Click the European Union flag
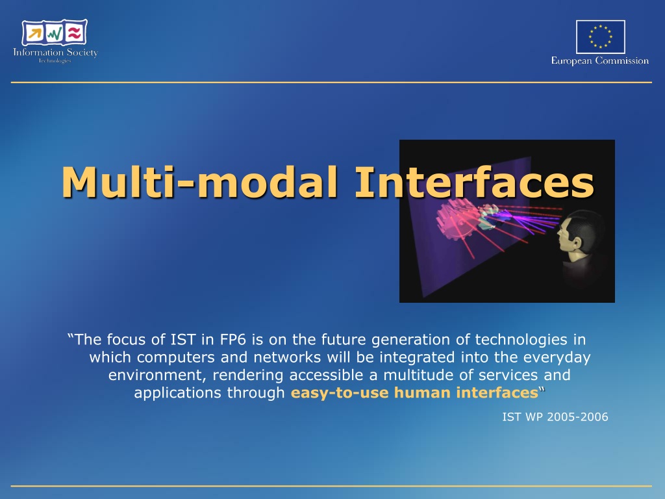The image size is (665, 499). coord(600,36)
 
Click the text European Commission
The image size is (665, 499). coord(599,60)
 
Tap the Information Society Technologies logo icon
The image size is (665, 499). coord(55,32)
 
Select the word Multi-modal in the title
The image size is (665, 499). coord(200,182)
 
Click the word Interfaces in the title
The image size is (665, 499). coord(474,182)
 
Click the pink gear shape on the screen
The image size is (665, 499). coord(457,219)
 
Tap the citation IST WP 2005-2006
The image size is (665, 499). coord(555,417)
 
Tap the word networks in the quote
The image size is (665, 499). coord(287,357)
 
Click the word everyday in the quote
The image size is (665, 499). coord(557,358)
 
